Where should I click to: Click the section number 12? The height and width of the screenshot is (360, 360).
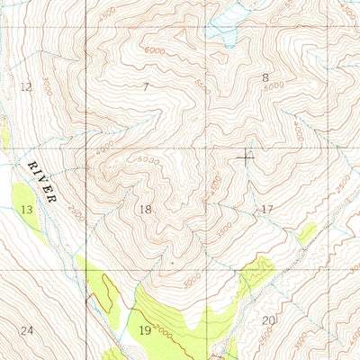point(25,86)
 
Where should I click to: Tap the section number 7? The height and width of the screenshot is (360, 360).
point(145,86)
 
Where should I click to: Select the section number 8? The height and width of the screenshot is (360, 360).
point(265,78)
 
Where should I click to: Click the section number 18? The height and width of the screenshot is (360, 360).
point(145,209)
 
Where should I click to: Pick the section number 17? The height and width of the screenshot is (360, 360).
point(266,209)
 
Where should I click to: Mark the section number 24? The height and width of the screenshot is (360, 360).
point(27,331)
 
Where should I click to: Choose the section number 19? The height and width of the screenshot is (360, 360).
point(145,331)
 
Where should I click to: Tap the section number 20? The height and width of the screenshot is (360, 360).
point(267,320)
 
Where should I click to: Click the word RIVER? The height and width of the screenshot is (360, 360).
point(42,181)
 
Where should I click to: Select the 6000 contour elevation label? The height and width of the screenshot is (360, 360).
point(157,51)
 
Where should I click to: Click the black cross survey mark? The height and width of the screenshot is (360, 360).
point(245,157)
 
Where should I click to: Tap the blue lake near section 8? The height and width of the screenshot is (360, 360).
point(220,32)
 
